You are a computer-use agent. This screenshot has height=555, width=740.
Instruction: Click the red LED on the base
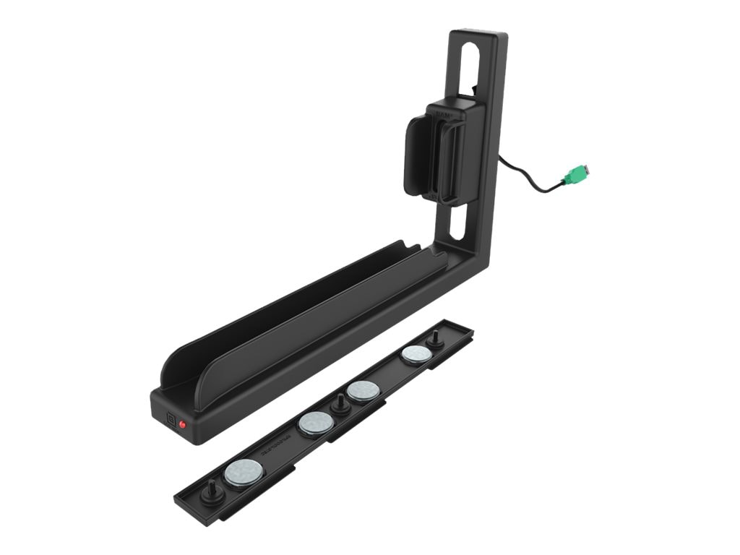point(183,424)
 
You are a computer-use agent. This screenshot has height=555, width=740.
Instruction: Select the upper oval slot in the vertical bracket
point(474,66)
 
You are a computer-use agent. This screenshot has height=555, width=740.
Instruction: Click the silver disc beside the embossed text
point(316,424)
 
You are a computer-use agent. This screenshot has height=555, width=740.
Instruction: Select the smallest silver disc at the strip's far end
point(416,354)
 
